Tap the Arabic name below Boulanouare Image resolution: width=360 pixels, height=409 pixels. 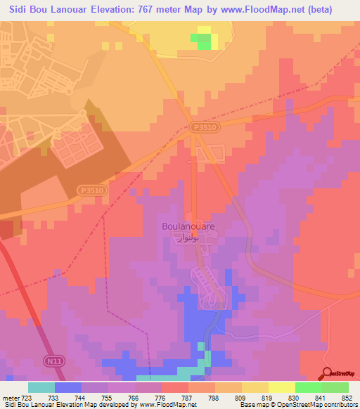[189, 238]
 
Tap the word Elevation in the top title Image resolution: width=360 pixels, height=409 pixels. [114, 10]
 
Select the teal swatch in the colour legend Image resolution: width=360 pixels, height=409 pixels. [41, 387]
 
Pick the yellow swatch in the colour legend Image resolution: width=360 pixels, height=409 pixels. [255, 387]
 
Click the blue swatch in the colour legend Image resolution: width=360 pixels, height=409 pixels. [67, 387]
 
